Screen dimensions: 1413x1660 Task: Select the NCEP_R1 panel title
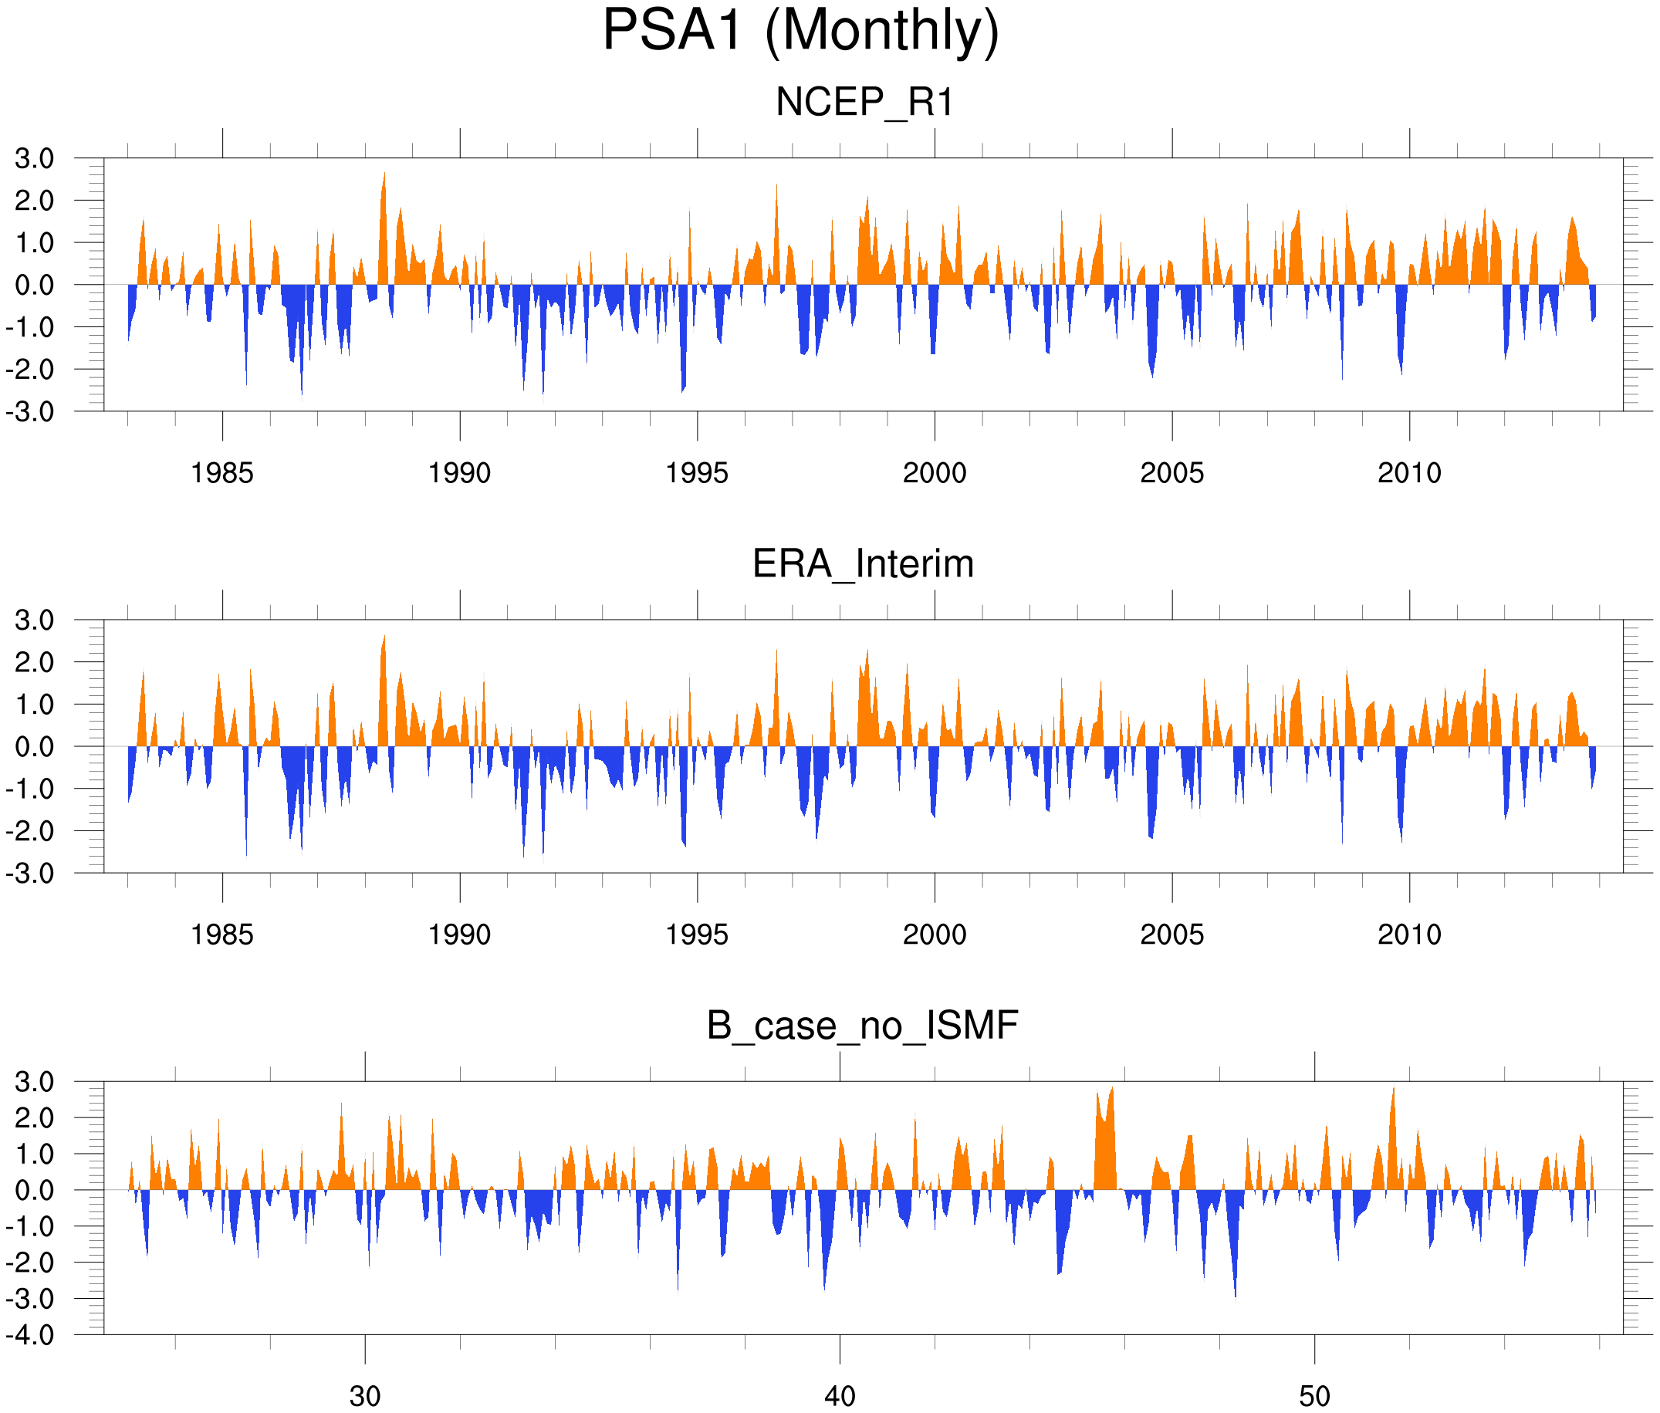(864, 103)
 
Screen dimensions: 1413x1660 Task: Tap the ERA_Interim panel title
(863, 564)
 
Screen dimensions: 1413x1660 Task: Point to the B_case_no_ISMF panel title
(862, 1026)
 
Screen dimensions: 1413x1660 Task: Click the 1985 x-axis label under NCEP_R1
(222, 473)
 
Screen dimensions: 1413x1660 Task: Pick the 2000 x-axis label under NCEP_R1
(934, 473)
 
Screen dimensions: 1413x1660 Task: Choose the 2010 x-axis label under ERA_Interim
(1409, 934)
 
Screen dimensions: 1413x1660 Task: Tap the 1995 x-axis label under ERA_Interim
(697, 934)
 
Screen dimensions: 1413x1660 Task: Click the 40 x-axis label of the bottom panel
(840, 1396)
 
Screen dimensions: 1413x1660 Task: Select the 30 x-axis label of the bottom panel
(365, 1396)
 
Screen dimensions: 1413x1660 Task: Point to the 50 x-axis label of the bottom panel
(1315, 1396)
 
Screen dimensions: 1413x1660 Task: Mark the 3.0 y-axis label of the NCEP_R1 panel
(35, 159)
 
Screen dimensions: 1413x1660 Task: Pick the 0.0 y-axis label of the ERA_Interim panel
(35, 746)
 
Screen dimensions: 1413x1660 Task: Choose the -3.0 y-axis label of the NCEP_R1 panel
(30, 412)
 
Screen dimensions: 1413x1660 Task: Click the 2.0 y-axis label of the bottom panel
(35, 1117)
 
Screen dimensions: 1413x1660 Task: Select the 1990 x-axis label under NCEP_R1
(459, 473)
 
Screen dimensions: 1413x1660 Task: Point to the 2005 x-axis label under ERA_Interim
(1171, 934)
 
